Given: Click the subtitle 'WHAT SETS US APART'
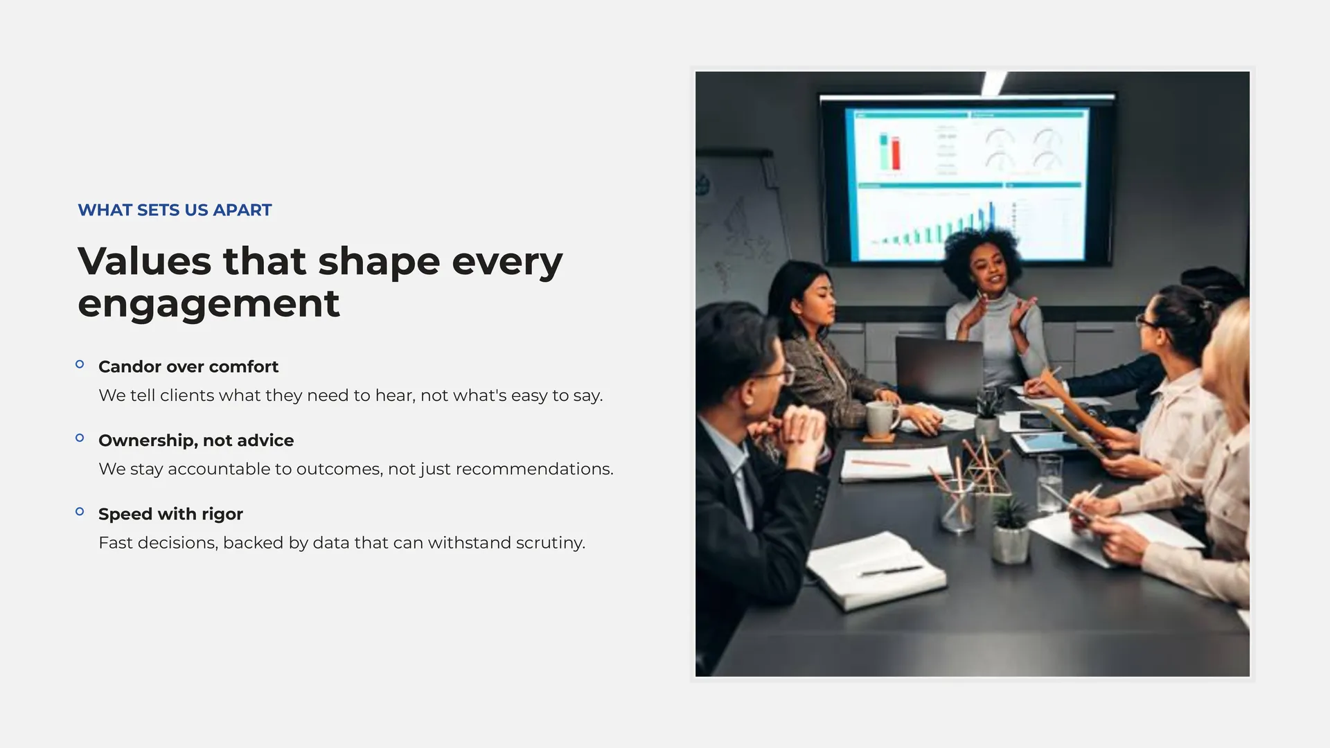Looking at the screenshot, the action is point(175,210).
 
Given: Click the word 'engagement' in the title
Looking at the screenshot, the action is point(209,303).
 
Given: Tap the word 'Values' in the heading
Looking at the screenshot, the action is point(144,261).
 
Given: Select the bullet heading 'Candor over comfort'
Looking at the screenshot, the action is point(188,366).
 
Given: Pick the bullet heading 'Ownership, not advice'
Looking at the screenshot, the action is point(196,440).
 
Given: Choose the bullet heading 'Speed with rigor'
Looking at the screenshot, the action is point(170,514).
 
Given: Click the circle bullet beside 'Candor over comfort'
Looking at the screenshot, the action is point(80,364).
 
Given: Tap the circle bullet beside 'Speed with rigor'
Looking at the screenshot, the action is point(80,512).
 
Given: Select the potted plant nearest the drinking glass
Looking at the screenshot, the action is point(1011,530).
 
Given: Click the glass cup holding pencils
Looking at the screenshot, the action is point(958,504).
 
